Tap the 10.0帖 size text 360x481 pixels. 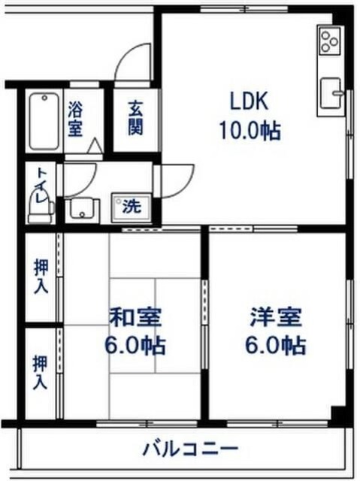[x=250, y=132]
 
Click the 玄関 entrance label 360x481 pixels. [x=135, y=119]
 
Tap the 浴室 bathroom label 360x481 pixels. [x=75, y=119]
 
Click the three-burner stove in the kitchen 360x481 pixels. [x=330, y=41]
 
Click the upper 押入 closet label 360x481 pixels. [x=41, y=276]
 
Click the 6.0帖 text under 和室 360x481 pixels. [x=136, y=346]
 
